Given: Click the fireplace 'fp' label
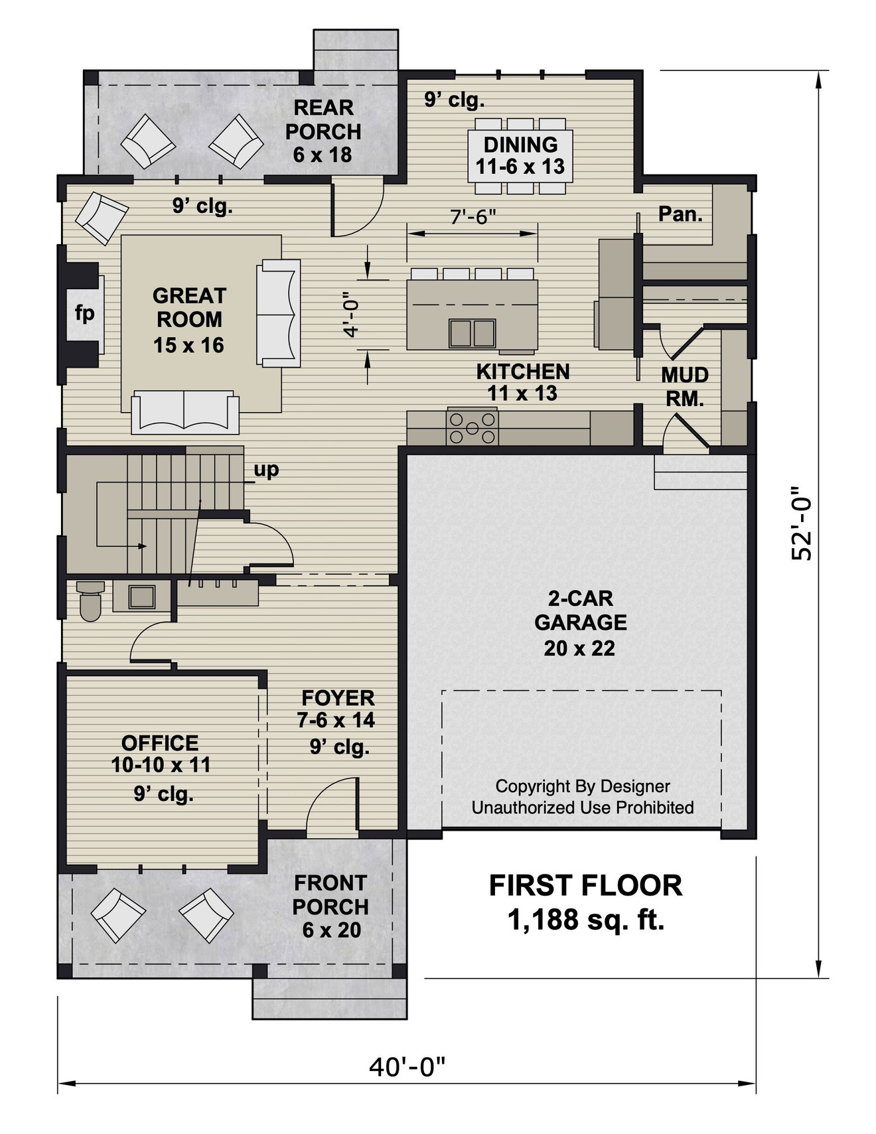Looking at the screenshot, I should (84, 313).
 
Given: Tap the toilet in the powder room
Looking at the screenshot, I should (90, 600).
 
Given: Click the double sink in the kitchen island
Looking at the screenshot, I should (472, 332).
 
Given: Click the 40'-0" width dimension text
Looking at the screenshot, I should (406, 1067).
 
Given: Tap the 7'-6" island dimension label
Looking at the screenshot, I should (473, 216).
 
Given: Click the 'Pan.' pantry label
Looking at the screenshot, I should (680, 214).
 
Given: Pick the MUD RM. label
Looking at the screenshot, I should (685, 387).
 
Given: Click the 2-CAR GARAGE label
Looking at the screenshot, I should (580, 622).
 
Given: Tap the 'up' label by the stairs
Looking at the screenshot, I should (266, 470).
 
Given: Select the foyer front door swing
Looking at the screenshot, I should (332, 806).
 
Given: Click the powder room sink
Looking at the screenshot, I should (141, 597).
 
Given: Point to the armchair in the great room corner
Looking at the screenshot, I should (101, 217).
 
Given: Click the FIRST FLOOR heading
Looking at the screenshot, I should (585, 886).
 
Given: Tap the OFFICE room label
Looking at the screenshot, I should (160, 743).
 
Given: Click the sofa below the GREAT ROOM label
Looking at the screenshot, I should (185, 413).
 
